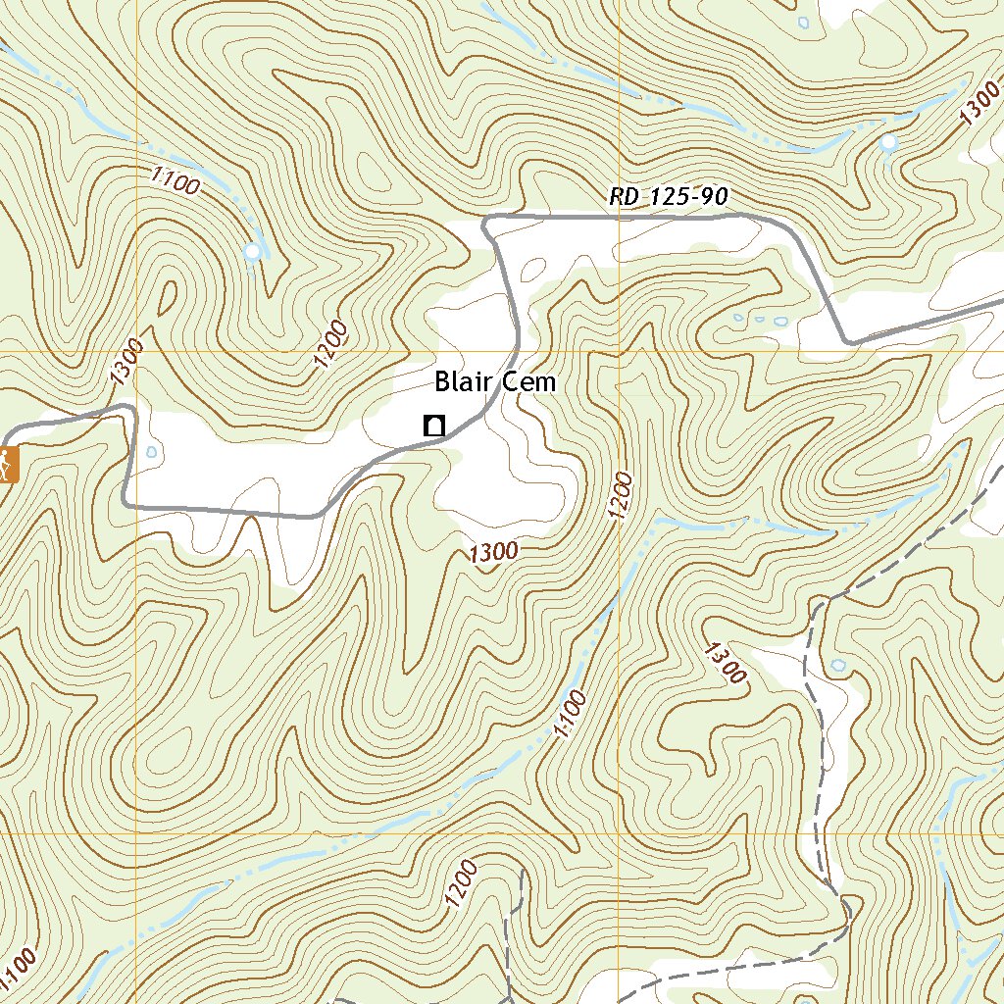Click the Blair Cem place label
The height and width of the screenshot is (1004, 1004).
click(495, 381)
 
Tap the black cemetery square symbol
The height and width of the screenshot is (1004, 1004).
click(432, 426)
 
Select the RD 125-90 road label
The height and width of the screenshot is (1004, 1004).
click(669, 197)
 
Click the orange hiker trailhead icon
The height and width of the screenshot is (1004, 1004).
click(6, 464)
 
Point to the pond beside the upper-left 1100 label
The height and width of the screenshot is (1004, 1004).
click(253, 253)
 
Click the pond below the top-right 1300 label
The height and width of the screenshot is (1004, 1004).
click(888, 144)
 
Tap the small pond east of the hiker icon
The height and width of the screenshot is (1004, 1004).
click(150, 453)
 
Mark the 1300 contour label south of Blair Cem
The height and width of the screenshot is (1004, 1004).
click(492, 553)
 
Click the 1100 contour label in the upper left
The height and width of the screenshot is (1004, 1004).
click(176, 180)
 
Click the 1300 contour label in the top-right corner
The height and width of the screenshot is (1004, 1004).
click(981, 104)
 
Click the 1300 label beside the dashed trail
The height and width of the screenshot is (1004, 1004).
click(726, 662)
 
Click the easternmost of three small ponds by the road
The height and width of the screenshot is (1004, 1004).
click(781, 321)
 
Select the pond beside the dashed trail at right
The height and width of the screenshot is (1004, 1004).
click(837, 665)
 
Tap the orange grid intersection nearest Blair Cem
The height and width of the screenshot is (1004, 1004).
click(620, 350)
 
